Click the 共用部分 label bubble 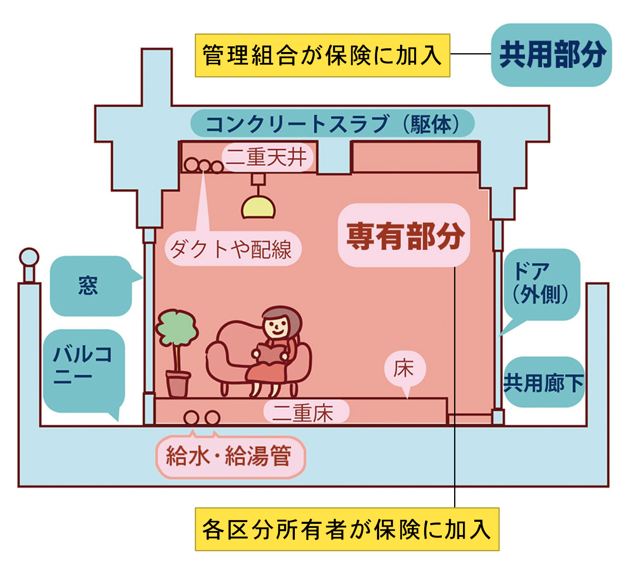point(551,55)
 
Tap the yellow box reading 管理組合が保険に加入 point(322,55)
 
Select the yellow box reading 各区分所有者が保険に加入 point(347,529)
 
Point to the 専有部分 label point(404,235)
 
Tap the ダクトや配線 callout point(233,249)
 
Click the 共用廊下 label point(544,382)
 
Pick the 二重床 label point(305,413)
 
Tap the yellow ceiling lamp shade point(258,208)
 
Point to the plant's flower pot point(177,385)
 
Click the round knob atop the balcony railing point(29,257)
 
